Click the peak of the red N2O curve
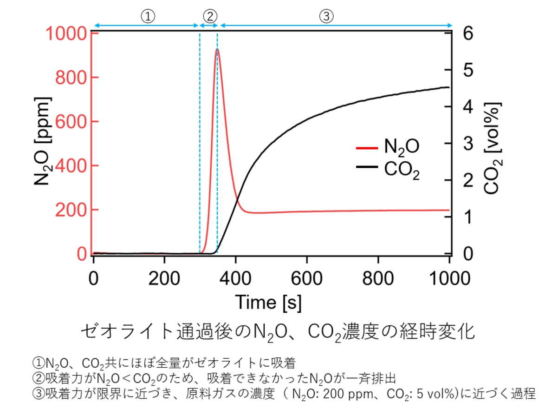click(217, 49)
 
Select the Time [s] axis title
click(268, 302)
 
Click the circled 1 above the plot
click(147, 16)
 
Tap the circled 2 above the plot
click(209, 16)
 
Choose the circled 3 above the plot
click(326, 16)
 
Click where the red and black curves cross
click(238, 199)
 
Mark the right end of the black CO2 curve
click(449, 87)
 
